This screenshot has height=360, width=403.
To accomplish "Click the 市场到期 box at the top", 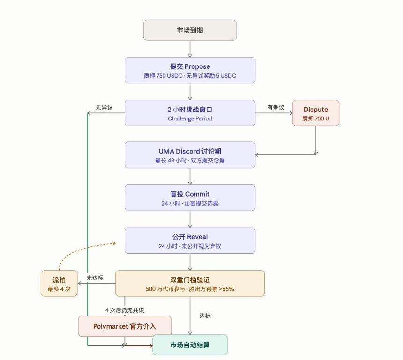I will point(190,30).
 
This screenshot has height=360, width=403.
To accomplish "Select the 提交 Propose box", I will point(190,70).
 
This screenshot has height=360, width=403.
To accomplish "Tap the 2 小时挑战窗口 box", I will point(190,113).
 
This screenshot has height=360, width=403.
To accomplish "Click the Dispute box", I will point(315,113).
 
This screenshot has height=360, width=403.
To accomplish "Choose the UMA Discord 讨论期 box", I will point(190,154).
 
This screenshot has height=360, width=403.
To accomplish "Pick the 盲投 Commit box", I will point(190,198).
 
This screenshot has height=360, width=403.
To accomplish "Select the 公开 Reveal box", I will point(190,241).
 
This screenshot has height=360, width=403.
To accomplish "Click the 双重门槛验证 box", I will point(190,283).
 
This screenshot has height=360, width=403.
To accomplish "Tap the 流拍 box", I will point(59,283).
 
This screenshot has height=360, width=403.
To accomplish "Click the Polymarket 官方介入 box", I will point(125,326).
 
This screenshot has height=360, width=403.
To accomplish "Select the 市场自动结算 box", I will point(190,345).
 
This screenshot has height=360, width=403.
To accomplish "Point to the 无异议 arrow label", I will point(104,107).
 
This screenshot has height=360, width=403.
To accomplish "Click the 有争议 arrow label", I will point(276,107).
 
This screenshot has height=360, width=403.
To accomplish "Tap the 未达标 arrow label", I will point(95,278).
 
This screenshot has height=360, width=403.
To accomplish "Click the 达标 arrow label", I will point(205,316).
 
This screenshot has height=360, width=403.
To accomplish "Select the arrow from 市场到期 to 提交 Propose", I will point(190,49).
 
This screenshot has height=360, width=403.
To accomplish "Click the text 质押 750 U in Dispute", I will point(315,118).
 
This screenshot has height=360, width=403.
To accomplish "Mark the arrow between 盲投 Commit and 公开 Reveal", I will point(190,219).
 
